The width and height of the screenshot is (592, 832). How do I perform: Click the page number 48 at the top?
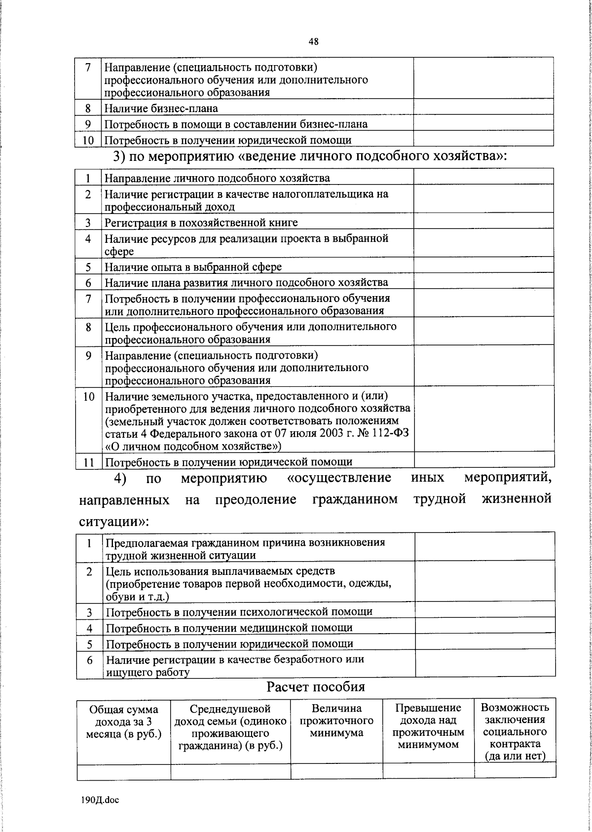(314, 42)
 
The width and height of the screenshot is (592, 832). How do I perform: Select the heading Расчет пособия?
(316, 686)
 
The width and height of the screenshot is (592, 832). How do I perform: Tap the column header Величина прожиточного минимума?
(336, 720)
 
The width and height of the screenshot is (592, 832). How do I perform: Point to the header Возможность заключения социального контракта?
(515, 731)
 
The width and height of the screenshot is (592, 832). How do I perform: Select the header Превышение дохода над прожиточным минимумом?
(428, 726)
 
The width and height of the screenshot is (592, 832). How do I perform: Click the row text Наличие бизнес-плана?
(161, 108)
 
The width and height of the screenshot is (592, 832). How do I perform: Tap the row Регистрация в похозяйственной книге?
(201, 223)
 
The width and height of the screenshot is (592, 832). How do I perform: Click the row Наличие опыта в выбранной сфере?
(193, 267)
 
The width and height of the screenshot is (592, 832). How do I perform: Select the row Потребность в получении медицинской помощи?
(229, 628)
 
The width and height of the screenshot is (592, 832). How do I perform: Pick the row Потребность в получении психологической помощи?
(239, 612)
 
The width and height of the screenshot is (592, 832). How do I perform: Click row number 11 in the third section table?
(88, 462)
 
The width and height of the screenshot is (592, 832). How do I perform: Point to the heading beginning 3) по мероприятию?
(310, 156)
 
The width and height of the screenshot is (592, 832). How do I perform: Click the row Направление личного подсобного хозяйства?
(217, 178)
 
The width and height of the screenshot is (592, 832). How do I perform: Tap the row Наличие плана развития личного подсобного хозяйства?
(246, 282)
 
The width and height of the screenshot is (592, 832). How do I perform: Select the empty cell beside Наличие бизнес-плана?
(483, 108)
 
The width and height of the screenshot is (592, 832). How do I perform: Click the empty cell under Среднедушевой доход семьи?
(230, 771)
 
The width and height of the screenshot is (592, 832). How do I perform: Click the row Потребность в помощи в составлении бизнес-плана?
(236, 124)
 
